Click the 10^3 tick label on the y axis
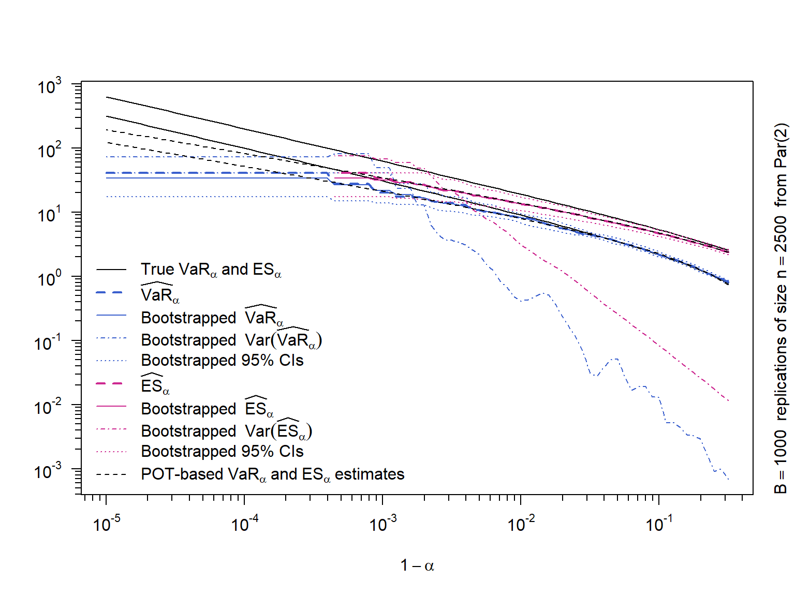[50, 86]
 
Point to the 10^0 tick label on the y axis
[50, 279]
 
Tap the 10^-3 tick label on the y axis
[48, 472]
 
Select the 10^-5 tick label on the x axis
[107, 524]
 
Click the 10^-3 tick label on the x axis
[383, 524]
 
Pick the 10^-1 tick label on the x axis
[659, 524]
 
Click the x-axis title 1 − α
[417, 565]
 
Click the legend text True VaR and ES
[211, 270]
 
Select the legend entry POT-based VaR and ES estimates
[272, 474]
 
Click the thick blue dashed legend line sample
[111, 293]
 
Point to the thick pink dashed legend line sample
[111, 384]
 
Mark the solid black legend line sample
[111, 270]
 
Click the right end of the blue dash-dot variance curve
[728, 479]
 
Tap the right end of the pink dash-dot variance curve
[728, 400]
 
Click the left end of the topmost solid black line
[107, 97]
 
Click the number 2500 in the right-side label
[781, 234]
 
